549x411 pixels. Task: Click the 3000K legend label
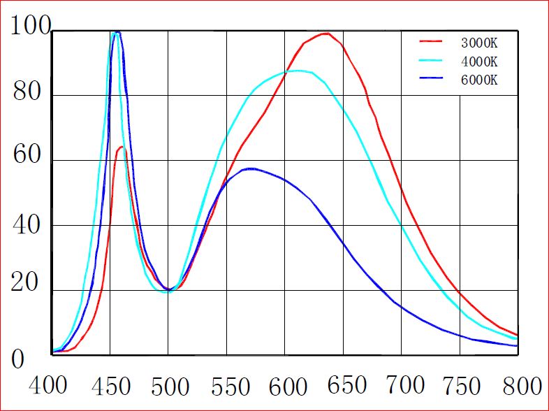coord(479,43)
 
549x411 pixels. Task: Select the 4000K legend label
coord(479,62)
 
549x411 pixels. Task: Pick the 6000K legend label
coord(479,79)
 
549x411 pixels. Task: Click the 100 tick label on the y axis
coord(30,27)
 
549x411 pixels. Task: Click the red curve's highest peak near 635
coord(325,33)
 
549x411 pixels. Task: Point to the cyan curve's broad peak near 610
coord(298,70)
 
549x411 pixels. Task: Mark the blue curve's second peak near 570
coord(251,168)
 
